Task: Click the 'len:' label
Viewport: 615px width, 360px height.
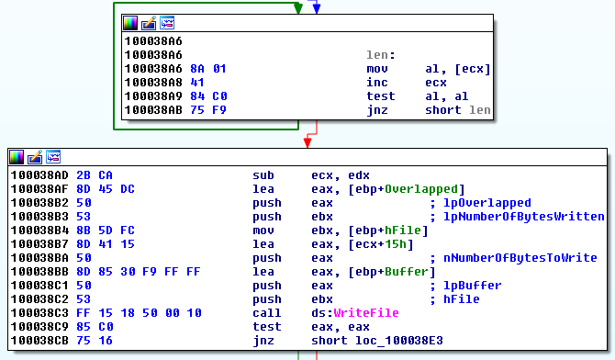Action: [380, 55]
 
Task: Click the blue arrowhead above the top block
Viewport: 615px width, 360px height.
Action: [316, 8]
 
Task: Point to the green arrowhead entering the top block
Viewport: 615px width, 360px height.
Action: [296, 8]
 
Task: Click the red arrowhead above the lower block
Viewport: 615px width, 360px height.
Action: [307, 141]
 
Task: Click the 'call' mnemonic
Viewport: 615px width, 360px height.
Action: [265, 312]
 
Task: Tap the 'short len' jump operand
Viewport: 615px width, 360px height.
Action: [457, 111]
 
